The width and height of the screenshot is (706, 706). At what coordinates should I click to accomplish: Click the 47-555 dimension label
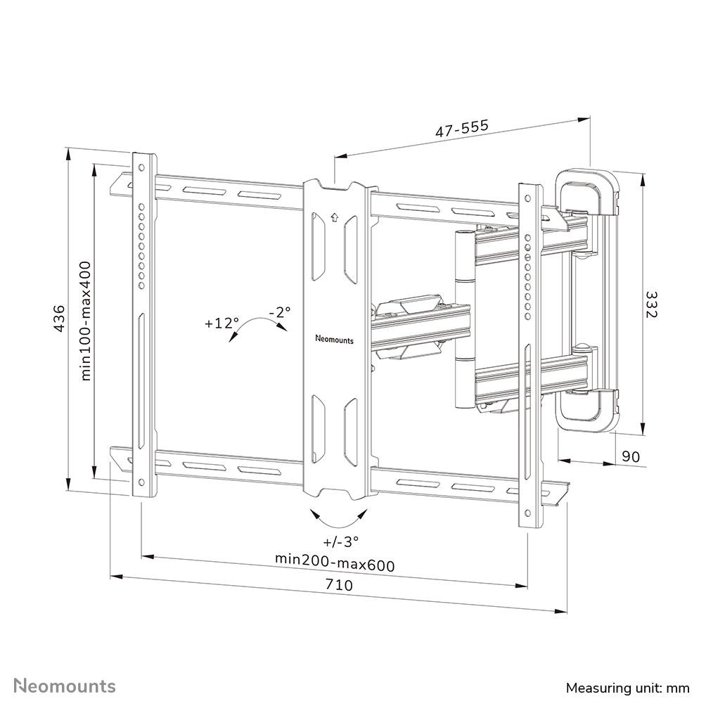click(461, 129)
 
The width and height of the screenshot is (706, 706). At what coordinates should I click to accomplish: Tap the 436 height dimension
click(60, 319)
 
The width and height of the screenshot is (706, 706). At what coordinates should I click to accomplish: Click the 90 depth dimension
click(631, 456)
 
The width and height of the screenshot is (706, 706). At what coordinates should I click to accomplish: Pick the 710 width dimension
click(339, 584)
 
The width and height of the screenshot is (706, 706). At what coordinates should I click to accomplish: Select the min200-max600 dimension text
click(334, 564)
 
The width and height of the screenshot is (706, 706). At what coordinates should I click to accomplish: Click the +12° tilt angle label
click(222, 323)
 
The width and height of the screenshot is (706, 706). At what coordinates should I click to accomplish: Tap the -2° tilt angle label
click(279, 312)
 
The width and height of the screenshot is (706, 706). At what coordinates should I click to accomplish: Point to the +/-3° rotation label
click(341, 541)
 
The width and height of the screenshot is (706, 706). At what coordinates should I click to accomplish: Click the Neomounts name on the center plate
click(335, 339)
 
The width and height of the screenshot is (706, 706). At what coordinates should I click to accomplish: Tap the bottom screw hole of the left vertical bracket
click(141, 483)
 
